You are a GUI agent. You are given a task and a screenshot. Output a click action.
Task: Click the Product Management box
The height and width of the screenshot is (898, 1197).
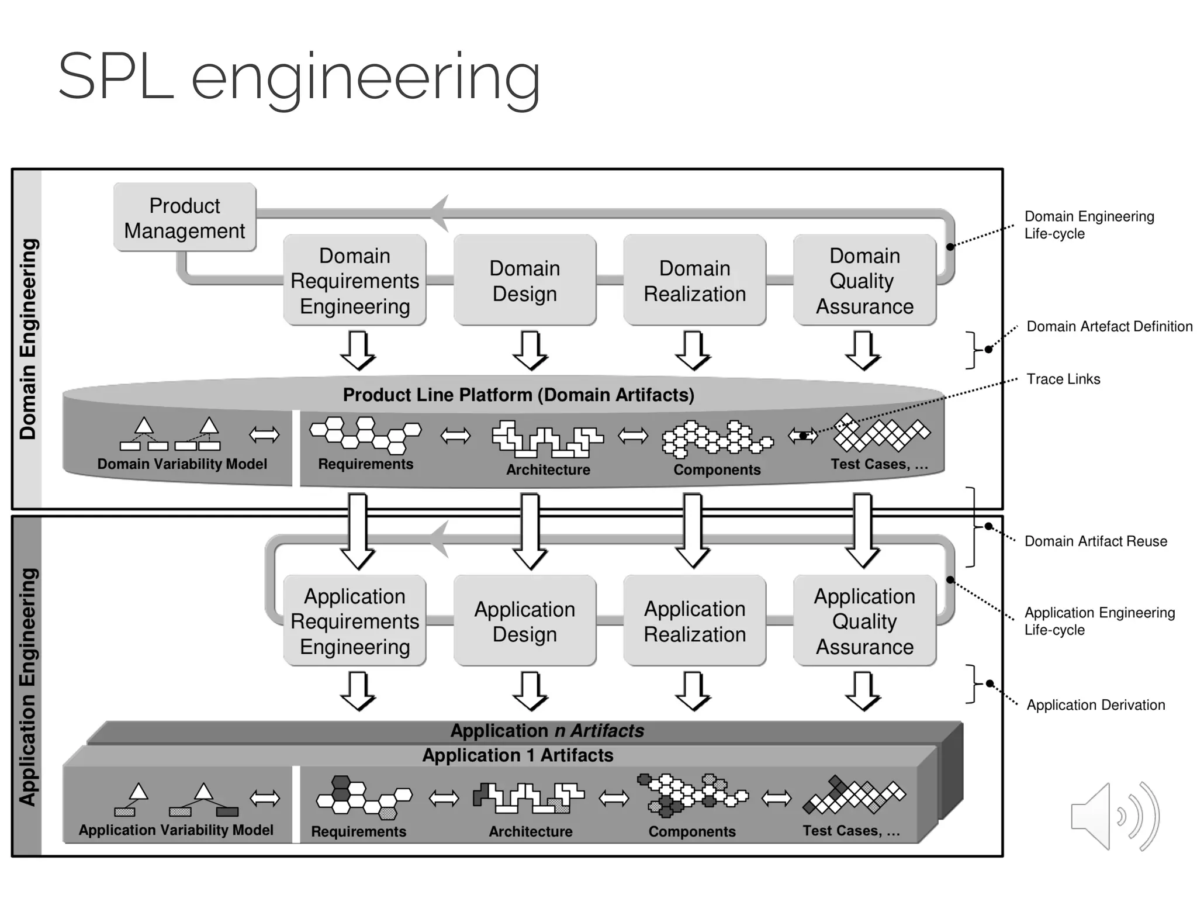(x=185, y=217)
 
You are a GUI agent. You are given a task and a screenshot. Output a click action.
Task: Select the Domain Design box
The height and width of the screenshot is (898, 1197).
(x=524, y=281)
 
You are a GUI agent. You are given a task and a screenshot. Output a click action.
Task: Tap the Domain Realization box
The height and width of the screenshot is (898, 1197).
(x=694, y=281)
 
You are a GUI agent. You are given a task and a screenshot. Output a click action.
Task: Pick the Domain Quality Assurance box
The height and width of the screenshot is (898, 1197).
(x=864, y=281)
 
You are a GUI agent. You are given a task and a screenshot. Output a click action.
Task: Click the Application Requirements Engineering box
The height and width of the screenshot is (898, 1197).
(x=354, y=621)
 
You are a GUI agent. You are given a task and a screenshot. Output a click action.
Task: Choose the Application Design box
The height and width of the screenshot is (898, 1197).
(x=524, y=621)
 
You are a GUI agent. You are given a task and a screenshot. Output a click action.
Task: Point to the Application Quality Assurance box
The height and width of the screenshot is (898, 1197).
(x=864, y=621)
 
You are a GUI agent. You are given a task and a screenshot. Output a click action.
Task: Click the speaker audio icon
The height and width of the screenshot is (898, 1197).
(x=1114, y=816)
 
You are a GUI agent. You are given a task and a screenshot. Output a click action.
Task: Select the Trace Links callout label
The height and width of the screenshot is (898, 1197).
(x=1063, y=379)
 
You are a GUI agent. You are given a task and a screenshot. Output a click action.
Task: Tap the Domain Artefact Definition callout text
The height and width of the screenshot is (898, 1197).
(x=1109, y=327)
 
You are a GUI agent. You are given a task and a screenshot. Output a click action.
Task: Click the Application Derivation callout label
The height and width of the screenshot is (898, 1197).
(x=1095, y=705)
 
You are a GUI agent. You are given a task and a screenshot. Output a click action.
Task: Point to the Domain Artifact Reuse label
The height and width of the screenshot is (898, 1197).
(x=1095, y=541)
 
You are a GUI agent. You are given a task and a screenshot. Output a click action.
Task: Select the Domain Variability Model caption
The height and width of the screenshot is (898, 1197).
(x=182, y=464)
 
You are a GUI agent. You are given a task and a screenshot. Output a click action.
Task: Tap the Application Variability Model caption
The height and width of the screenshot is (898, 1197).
(x=176, y=830)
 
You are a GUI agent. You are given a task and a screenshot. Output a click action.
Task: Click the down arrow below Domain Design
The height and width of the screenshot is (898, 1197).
(x=530, y=350)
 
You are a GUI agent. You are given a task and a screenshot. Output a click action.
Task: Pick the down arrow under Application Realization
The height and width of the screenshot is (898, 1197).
(x=693, y=690)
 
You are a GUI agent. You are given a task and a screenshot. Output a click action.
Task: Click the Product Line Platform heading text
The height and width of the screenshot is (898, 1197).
(x=518, y=395)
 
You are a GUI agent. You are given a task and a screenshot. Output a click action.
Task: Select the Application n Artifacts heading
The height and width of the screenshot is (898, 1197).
(x=547, y=731)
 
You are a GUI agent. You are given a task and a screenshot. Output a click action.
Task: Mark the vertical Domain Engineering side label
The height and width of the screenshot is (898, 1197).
(x=28, y=339)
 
